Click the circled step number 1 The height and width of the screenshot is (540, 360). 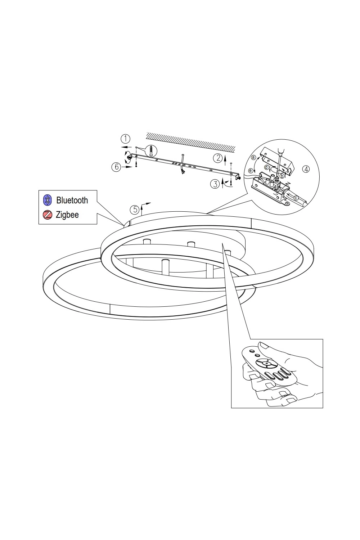(125, 139)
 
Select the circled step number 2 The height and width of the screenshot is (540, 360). (218, 158)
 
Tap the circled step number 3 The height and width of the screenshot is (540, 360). (215, 184)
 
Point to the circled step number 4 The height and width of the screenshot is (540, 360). (306, 169)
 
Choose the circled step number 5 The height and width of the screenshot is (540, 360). (135, 210)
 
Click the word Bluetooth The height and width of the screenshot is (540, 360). (72, 200)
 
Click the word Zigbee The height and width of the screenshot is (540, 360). (67, 215)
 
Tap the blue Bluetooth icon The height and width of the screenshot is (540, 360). (47, 200)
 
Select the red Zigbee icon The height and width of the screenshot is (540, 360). (47, 215)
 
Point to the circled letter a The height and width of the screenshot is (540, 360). (253, 157)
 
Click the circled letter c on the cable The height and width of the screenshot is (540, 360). (296, 198)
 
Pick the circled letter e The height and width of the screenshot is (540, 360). (251, 171)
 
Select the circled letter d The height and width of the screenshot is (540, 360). (266, 167)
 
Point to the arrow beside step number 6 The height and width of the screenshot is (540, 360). (127, 167)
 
